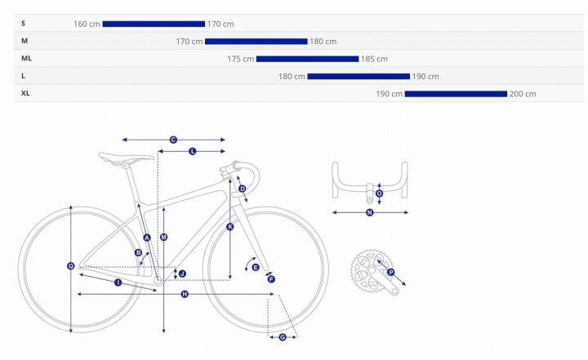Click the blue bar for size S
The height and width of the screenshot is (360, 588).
[x=154, y=24]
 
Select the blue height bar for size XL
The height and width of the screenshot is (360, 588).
[x=456, y=94]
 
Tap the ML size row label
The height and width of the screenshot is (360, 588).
[x=27, y=59]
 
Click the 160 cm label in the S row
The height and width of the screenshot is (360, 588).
[x=87, y=24]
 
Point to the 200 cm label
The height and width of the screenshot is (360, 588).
[x=523, y=94]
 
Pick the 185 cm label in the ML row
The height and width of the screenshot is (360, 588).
[x=374, y=59]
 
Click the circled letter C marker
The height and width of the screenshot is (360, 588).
[x=173, y=140]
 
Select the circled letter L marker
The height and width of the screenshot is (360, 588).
[x=193, y=152]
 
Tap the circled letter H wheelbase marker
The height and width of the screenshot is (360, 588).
[x=185, y=295]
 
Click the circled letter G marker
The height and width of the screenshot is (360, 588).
[x=283, y=337]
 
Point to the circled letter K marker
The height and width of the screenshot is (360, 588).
[x=230, y=227]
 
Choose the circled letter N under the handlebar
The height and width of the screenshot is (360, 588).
[x=370, y=212]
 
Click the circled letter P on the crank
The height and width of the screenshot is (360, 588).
[x=390, y=273]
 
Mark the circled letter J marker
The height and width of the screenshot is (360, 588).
[x=182, y=273]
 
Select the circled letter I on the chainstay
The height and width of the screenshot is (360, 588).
[x=118, y=282]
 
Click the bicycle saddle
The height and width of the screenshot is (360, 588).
[x=126, y=158]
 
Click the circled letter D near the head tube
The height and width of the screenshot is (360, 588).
[x=243, y=189]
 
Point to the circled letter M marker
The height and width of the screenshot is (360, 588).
[x=163, y=238]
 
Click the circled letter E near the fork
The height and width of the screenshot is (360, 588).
[x=256, y=268]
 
